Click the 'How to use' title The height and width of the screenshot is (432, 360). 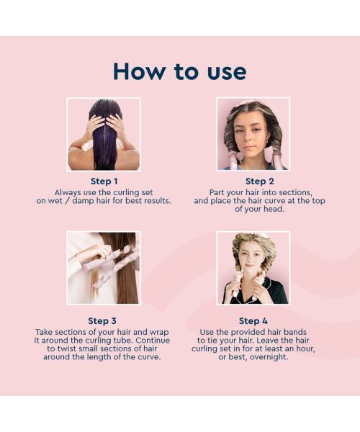179,71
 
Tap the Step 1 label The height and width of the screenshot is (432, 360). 104,181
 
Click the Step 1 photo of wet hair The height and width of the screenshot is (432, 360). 104,135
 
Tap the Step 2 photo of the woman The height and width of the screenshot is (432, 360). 253,135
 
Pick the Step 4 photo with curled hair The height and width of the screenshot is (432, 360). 253,267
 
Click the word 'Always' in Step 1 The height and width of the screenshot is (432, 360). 67,192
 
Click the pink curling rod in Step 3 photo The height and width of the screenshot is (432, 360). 108,259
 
